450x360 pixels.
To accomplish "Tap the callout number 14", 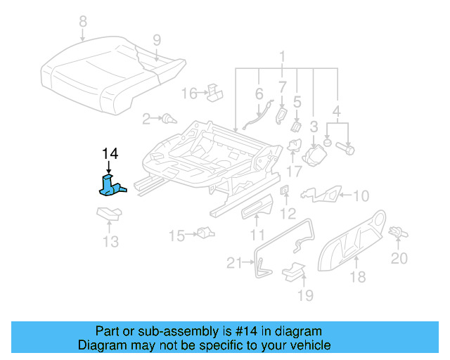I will [110, 154].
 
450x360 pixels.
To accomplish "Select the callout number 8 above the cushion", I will [83, 22].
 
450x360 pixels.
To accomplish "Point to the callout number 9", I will [156, 39].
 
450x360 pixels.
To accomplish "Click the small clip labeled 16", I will [214, 91].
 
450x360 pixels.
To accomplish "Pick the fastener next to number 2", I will [168, 120].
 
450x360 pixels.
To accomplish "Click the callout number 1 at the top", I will [282, 56].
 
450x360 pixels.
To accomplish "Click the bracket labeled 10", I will [323, 195].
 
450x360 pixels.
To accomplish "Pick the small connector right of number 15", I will [205, 233].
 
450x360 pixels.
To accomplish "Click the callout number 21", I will [234, 264].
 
